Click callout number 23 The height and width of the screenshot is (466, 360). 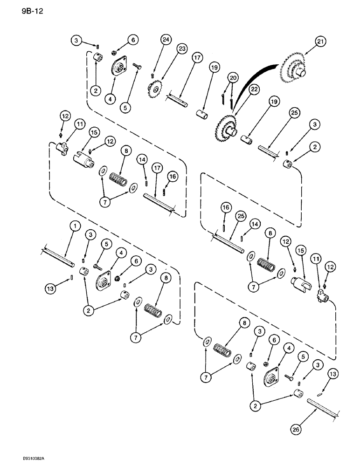(181, 49)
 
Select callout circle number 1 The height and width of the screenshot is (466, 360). (74, 226)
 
